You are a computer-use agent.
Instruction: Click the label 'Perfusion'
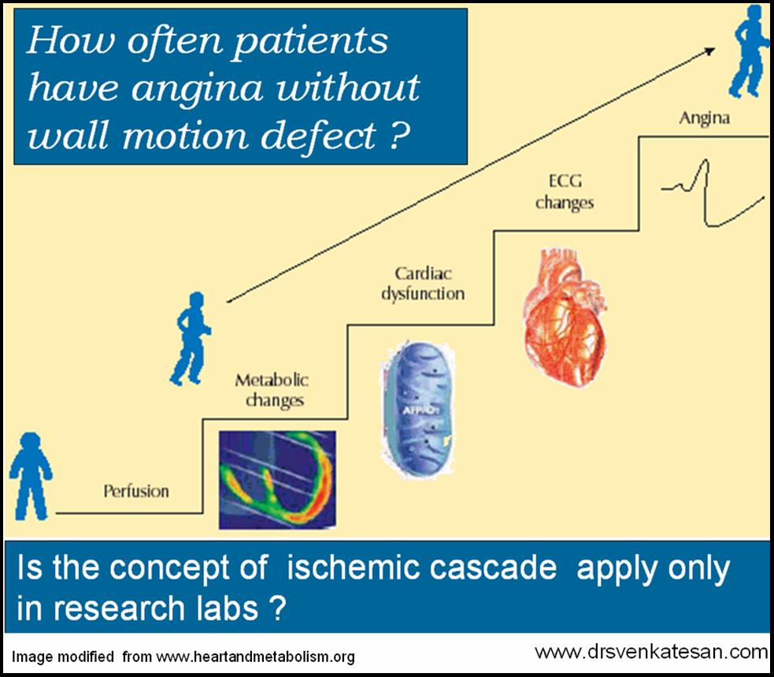pyautogui.click(x=136, y=491)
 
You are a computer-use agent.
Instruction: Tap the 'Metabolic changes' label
pyautogui.click(x=272, y=390)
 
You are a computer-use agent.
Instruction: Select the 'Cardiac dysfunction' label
pyautogui.click(x=423, y=284)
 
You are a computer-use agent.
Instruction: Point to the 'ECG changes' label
pyautogui.click(x=564, y=192)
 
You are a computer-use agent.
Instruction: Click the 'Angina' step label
pyautogui.click(x=704, y=119)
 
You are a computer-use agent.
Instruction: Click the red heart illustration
pyautogui.click(x=565, y=311)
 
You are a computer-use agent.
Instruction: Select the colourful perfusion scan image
pyautogui.click(x=276, y=478)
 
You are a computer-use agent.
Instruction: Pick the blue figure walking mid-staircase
pyautogui.click(x=190, y=337)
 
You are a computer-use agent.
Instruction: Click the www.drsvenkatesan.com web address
pyautogui.click(x=650, y=652)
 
